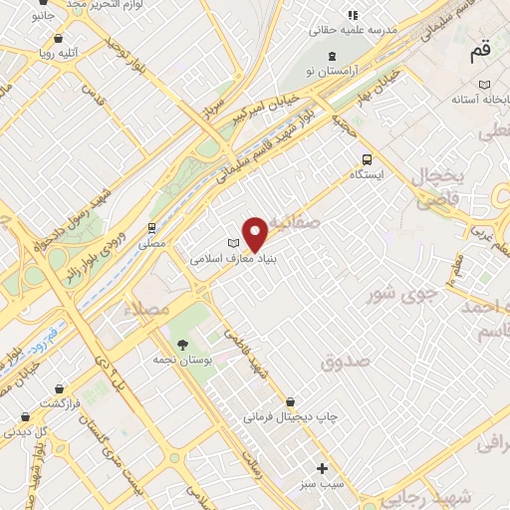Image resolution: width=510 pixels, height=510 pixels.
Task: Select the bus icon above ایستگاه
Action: pyautogui.click(x=368, y=158)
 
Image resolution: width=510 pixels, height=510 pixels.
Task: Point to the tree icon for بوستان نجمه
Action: pyautogui.click(x=181, y=344)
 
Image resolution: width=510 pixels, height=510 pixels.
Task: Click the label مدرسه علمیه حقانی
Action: pyautogui.click(x=373, y=30)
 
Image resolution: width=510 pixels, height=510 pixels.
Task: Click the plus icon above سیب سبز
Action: pyautogui.click(x=321, y=468)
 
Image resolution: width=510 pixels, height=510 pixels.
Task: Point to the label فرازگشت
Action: pyautogui.click(x=60, y=402)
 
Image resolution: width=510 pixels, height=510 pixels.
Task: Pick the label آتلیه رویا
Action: pyautogui.click(x=59, y=47)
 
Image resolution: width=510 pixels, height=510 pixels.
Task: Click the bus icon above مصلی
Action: pyautogui.click(x=152, y=227)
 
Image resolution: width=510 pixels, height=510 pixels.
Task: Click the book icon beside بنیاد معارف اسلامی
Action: pyautogui.click(x=234, y=243)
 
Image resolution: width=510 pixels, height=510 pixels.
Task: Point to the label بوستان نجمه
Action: pyautogui.click(x=181, y=359)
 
